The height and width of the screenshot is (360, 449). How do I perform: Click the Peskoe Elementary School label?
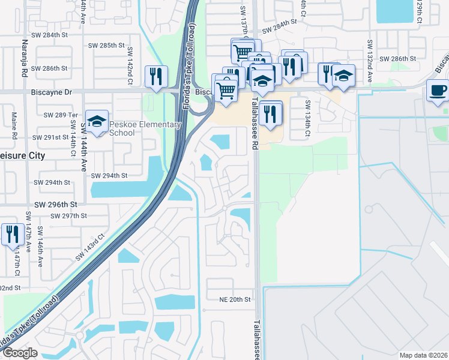point(145,128)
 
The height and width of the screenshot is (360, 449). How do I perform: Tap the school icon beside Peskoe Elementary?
point(97,122)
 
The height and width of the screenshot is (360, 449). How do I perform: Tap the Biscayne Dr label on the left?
point(51,92)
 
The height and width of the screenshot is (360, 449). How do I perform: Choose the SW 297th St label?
point(69,215)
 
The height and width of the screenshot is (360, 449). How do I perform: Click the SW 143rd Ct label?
point(91,247)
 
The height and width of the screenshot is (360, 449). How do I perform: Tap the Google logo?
point(19,353)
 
